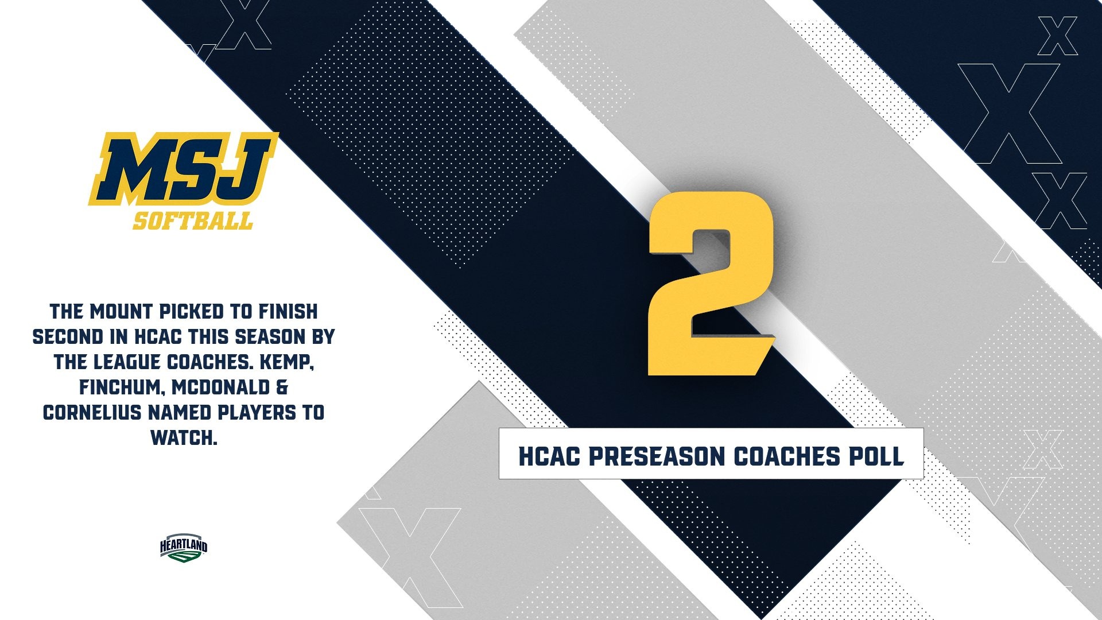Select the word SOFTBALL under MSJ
pos(193,221)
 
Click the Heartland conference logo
pos(184,548)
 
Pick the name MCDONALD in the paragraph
pos(221,387)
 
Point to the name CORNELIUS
pos(92,413)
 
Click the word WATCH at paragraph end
pos(184,438)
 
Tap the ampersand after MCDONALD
pos(282,387)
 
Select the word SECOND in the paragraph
pos(68,337)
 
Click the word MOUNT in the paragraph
pos(121,312)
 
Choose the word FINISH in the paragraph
pos(288,312)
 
